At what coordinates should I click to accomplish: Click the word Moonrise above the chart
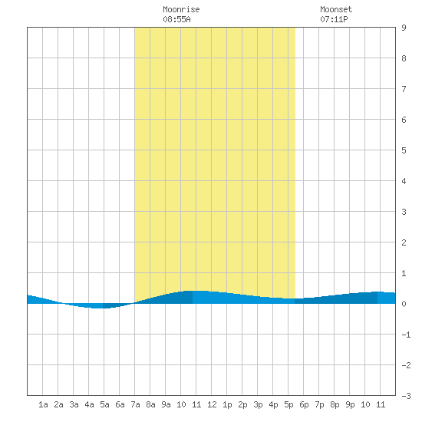click(181, 9)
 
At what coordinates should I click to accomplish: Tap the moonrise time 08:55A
click(176, 19)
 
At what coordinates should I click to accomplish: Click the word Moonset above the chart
click(336, 9)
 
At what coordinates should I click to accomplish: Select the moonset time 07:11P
click(334, 19)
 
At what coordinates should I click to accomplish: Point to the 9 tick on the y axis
click(404, 28)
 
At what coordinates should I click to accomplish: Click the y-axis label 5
click(404, 150)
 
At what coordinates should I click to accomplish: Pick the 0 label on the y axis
click(404, 304)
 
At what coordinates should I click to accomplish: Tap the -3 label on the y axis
click(406, 396)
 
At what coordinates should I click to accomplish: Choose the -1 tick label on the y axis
click(406, 335)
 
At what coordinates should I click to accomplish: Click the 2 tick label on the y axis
click(404, 242)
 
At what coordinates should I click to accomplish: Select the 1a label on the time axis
click(43, 404)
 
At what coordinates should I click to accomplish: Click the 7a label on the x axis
click(135, 404)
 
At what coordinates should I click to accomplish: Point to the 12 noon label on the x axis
click(212, 404)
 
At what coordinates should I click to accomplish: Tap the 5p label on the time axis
click(288, 404)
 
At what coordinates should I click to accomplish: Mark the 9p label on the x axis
click(350, 404)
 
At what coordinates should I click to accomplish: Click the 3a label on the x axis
click(74, 404)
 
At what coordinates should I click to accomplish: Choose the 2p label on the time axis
click(242, 404)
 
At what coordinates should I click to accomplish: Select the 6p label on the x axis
click(304, 404)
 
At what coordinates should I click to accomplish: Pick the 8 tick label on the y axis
click(404, 58)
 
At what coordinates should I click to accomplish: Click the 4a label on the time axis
click(89, 404)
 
